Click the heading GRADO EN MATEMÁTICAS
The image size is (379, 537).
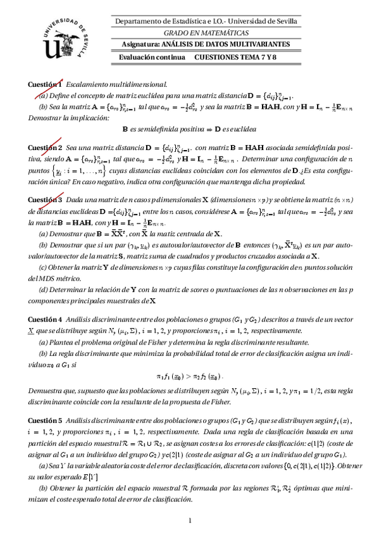click(x=206, y=33)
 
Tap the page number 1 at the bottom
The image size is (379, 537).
click(x=190, y=521)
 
